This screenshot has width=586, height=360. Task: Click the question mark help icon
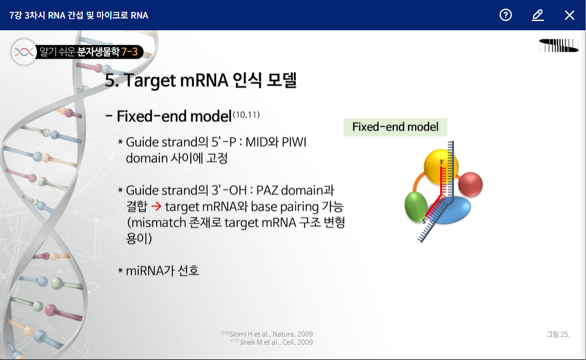click(x=506, y=15)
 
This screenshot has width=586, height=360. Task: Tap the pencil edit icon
click(x=538, y=15)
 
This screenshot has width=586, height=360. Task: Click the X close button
click(x=569, y=15)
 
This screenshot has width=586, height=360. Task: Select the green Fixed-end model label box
click(x=395, y=127)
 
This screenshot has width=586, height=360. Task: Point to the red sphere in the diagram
click(x=471, y=184)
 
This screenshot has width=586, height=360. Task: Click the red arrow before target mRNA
click(x=156, y=206)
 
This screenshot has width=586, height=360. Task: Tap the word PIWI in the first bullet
click(x=294, y=142)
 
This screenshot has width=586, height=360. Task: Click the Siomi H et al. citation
click(x=267, y=334)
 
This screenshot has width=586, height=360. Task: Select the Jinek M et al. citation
click(x=272, y=342)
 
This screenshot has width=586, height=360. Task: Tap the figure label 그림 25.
click(x=558, y=334)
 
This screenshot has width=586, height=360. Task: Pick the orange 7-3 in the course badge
click(x=129, y=52)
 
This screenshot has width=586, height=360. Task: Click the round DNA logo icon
click(x=24, y=52)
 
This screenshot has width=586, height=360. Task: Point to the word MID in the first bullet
click(x=256, y=142)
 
